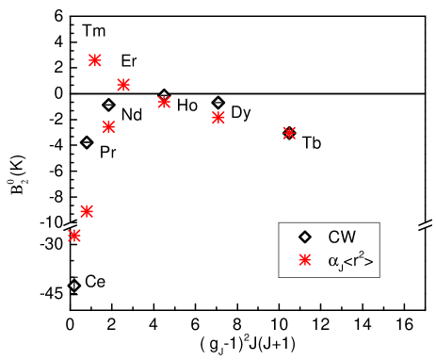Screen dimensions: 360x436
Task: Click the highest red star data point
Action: pos(95,60)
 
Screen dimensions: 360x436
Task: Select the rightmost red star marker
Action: pos(289,133)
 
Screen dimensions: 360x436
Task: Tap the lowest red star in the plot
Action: pos(74,236)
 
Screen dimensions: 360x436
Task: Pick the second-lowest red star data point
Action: pos(87,211)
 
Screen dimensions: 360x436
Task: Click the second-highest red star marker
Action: pos(123,85)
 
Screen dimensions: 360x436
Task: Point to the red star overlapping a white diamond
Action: pos(164,102)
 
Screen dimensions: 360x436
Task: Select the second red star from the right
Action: pos(218,118)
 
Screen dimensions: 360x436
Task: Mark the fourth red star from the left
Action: pos(108,126)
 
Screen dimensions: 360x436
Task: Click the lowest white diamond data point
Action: pos(74,286)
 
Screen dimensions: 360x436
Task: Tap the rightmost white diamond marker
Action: pos(218,103)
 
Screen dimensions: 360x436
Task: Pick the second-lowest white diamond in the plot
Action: pos(87,142)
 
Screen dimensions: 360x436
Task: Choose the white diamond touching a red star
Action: pos(164,95)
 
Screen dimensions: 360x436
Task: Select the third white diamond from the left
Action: pos(108,105)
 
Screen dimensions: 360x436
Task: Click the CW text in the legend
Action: pos(342,237)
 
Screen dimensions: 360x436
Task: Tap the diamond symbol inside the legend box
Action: pos(304,237)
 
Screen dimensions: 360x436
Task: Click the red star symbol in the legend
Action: pos(304,260)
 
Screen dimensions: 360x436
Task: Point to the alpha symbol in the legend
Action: pos(332,262)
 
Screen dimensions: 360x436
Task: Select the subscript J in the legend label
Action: pos(340,267)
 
